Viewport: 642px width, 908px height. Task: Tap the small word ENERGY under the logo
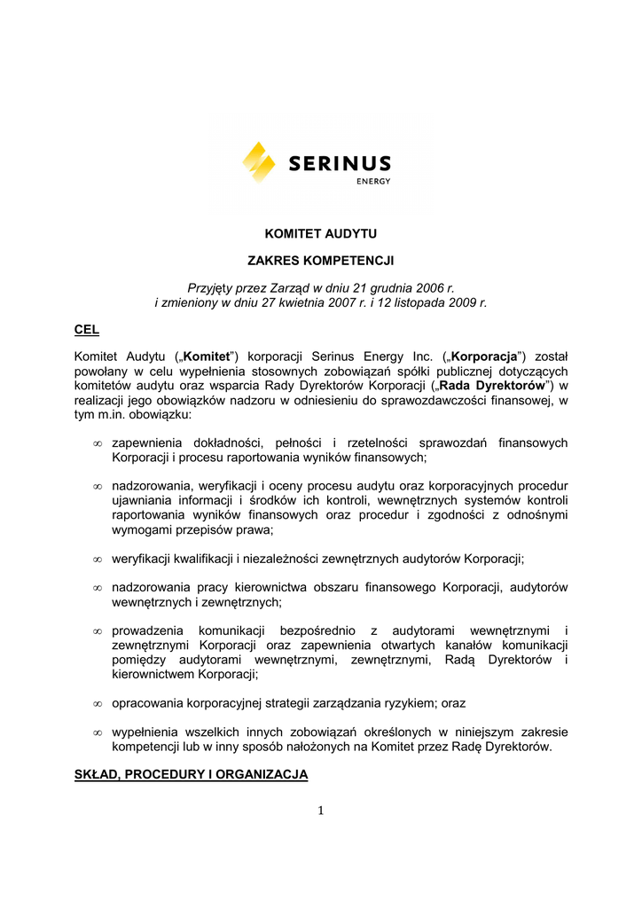(373, 182)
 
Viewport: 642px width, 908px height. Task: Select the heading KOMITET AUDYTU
(321, 234)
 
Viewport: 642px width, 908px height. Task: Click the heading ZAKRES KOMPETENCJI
(320, 261)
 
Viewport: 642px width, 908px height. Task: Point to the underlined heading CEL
(86, 330)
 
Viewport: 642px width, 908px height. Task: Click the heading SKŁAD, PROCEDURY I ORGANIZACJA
(191, 774)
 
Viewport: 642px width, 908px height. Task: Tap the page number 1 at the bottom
(321, 810)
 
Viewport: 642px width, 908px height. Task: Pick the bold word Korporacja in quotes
(483, 356)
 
